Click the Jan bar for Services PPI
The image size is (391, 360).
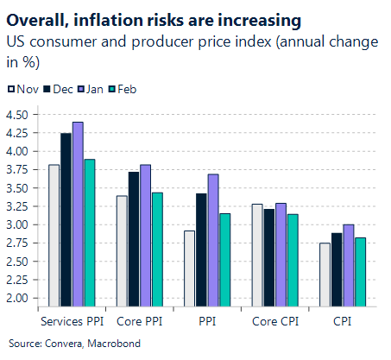[78, 213]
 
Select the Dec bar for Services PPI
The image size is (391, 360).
[66, 218]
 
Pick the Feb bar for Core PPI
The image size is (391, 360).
[156, 249]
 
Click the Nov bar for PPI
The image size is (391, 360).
[189, 268]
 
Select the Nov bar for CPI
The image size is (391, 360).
[324, 274]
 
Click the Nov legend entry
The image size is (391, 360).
[22, 88]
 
